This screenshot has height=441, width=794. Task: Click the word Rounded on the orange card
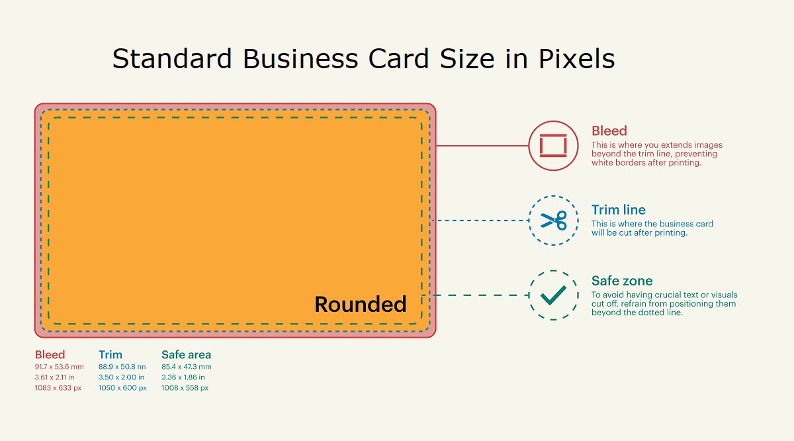pos(360,305)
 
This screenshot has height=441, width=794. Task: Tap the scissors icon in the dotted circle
pos(554,220)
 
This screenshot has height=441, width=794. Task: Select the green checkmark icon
pos(553,295)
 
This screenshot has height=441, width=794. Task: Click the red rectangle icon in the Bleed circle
pos(554,146)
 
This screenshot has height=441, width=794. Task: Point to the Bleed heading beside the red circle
pos(609,131)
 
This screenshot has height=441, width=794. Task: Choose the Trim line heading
pos(618,211)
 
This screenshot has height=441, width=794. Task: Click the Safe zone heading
pos(622,281)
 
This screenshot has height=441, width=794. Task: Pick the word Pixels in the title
pos(576,59)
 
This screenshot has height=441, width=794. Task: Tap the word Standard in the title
pos(173,59)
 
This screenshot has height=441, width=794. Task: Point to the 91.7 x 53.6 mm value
pos(60,366)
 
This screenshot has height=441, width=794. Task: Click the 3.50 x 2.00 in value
pos(121,377)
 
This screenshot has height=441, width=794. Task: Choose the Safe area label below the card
pos(186,355)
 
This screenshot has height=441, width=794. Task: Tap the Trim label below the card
pos(110,355)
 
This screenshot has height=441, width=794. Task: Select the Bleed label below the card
pos(50,355)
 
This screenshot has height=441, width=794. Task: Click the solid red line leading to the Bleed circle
pos(482,146)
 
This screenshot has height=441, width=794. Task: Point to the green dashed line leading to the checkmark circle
pos(479,295)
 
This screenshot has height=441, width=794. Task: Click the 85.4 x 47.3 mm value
pos(187,366)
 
